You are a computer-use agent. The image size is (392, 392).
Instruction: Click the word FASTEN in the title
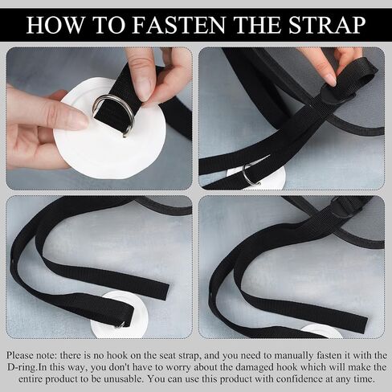pos(178,25)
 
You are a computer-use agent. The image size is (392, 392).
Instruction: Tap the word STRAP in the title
pos(327,25)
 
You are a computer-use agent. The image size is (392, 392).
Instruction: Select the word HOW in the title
pos(55,25)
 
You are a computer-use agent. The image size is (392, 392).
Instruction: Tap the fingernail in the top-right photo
pos(333,80)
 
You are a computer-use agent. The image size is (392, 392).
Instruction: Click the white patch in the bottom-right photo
pos(321,332)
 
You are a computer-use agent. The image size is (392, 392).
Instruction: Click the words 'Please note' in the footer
pos(30,356)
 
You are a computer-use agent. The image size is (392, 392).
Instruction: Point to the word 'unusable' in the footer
pos(124,379)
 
